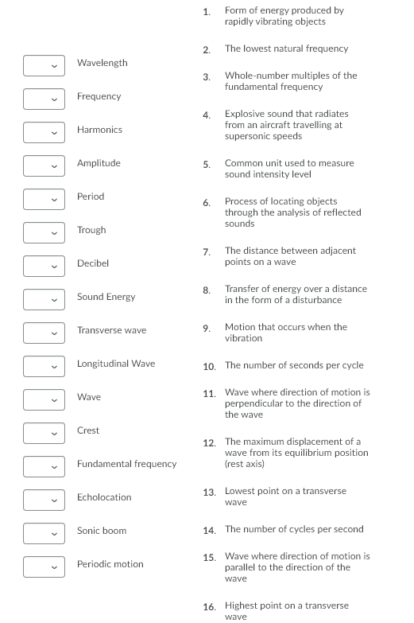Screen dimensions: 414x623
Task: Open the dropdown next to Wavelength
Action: [x=44, y=65]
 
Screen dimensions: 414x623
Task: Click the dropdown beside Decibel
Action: [x=44, y=266]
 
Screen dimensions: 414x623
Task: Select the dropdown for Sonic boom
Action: [x=44, y=533]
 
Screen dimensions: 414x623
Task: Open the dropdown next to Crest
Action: [x=44, y=433]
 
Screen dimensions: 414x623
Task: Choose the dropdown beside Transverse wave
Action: [x=44, y=333]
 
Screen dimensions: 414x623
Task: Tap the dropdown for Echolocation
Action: [x=44, y=500]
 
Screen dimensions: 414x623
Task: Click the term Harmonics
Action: [x=99, y=130]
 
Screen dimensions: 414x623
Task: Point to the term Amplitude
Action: [x=99, y=163]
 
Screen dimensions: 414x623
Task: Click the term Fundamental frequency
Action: [x=126, y=464]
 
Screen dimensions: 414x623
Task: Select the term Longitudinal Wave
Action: [x=116, y=364]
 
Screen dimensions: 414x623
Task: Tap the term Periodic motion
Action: [x=110, y=564]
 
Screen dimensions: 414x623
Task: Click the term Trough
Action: [x=91, y=230]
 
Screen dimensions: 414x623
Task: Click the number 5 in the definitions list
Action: [x=207, y=165]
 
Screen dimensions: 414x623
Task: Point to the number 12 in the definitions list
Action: [x=209, y=443]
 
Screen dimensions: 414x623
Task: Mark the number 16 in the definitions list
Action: [x=209, y=607]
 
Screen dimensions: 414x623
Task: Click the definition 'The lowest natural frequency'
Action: [x=286, y=49]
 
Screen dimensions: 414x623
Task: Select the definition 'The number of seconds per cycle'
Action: [x=294, y=365]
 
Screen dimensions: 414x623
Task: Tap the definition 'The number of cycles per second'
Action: [x=294, y=529]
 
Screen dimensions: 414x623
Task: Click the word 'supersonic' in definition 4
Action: [x=247, y=136]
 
